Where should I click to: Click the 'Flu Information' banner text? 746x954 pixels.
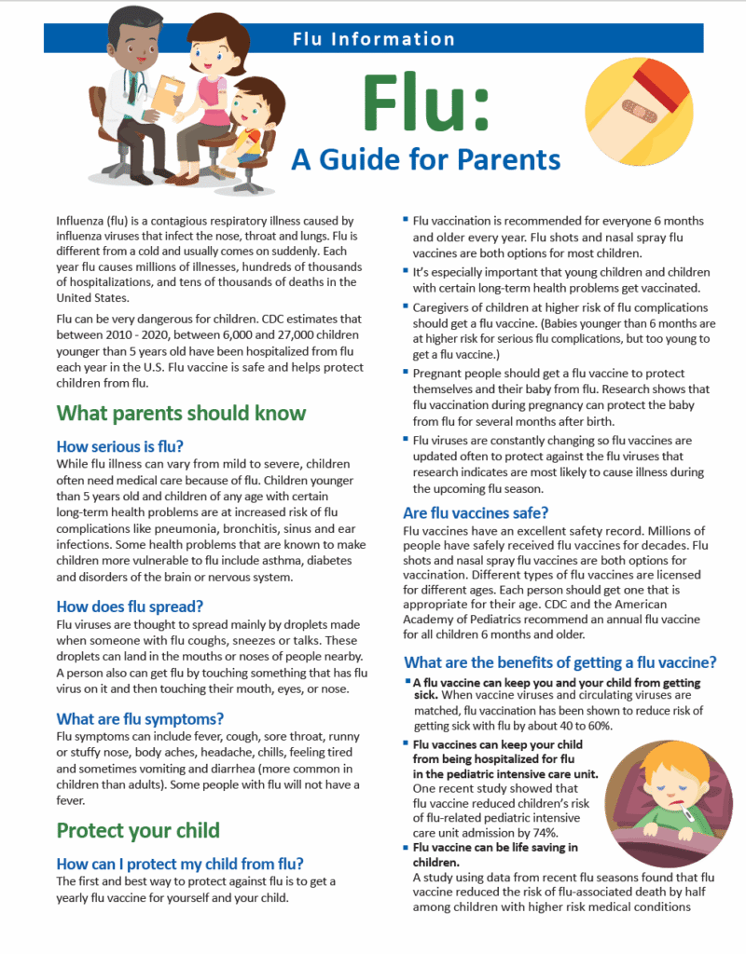[x=373, y=39]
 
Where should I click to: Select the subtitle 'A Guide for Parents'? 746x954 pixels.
[x=425, y=158]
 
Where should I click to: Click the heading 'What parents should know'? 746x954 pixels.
[x=181, y=413]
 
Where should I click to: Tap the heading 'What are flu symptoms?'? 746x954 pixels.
[x=140, y=718]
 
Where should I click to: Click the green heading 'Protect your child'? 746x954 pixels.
[x=138, y=830]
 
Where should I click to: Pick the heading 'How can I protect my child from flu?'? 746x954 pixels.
[x=180, y=864]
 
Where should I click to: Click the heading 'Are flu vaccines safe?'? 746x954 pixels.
[x=476, y=512]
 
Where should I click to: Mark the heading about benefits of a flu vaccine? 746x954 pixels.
[x=559, y=662]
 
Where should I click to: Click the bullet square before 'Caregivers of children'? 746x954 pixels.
[x=407, y=305]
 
